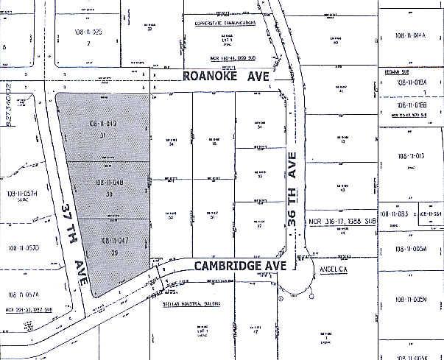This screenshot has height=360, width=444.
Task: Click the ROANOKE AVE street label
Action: (x=227, y=76)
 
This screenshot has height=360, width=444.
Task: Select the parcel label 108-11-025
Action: (x=87, y=34)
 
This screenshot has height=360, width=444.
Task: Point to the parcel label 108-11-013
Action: (x=412, y=156)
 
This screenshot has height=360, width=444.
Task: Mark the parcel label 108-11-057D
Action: (x=23, y=247)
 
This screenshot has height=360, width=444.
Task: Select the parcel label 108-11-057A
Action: (x=23, y=294)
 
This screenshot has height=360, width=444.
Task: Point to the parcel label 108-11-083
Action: (x=391, y=213)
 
